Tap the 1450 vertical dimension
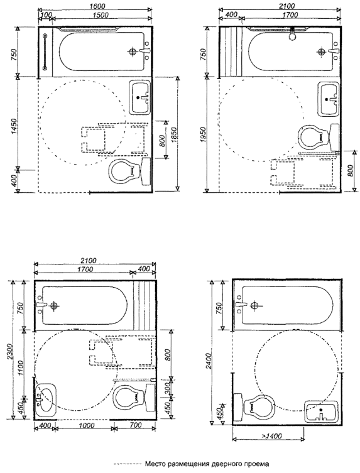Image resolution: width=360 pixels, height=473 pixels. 14,127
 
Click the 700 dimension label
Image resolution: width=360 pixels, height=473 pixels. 136,425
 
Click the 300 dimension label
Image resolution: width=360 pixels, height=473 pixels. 168,388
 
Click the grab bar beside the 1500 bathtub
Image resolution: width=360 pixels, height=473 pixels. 45,52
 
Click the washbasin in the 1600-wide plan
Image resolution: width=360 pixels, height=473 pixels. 140,97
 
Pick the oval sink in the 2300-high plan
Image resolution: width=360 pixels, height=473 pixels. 45,400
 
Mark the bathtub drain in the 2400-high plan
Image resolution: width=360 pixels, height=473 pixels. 254,306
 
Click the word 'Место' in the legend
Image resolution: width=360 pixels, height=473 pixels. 154,464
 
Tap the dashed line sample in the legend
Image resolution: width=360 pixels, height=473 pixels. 128,464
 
